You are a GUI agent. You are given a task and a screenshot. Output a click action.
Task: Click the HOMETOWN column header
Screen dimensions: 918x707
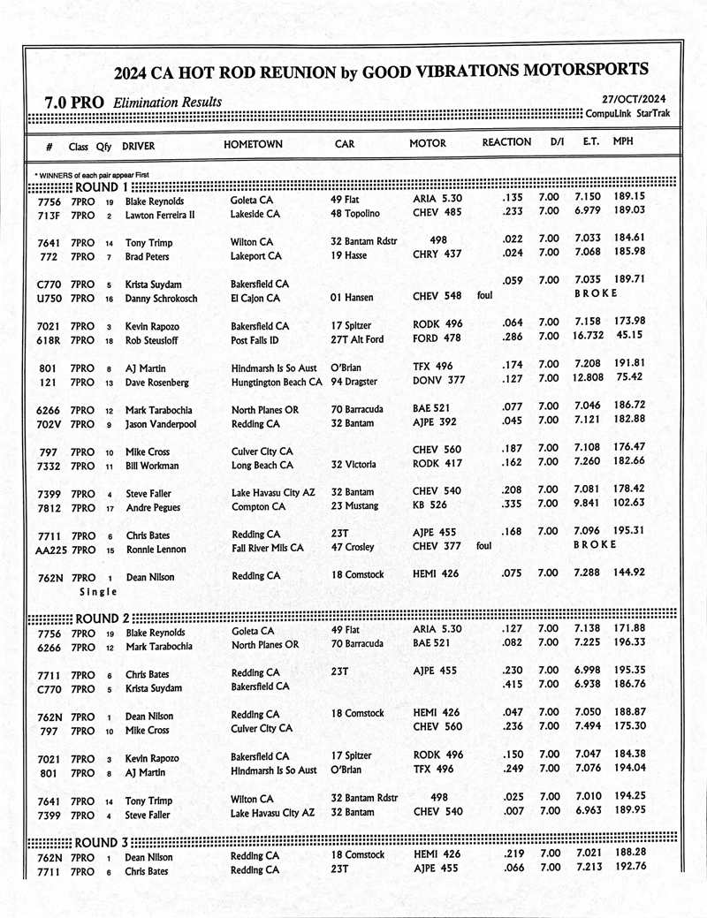point(254,144)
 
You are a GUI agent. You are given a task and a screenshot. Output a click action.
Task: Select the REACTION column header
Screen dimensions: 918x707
point(506,142)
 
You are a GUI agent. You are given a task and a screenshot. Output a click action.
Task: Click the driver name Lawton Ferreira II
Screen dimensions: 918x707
point(160,215)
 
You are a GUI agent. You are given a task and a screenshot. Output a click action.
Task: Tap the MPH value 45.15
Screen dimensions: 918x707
point(630,340)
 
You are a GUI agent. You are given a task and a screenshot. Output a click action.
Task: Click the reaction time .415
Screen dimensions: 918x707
point(513,685)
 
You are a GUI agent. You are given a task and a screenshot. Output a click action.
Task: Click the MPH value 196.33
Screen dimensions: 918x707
point(629,643)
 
